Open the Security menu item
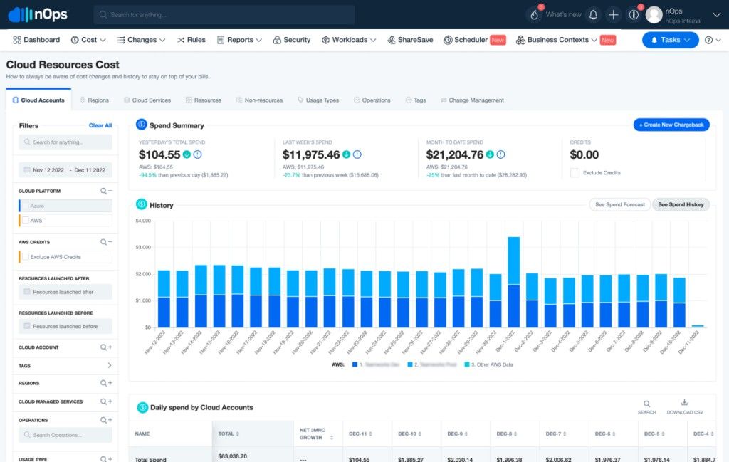pyautogui.click(x=292, y=40)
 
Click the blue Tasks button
pyautogui.click(x=670, y=40)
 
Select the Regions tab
pyautogui.click(x=94, y=100)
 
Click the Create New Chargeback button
pyautogui.click(x=671, y=125)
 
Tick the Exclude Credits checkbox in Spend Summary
pyautogui.click(x=575, y=172)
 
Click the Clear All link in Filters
pyautogui.click(x=100, y=125)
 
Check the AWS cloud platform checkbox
pyautogui.click(x=26, y=221)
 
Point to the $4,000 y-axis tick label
pyautogui.click(x=142, y=221)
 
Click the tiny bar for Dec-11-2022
pyautogui.click(x=698, y=326)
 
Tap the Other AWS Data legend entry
pyautogui.click(x=491, y=364)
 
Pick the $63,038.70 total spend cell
pyautogui.click(x=233, y=456)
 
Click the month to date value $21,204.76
pyautogui.click(x=454, y=154)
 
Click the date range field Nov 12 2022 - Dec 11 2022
pyautogui.click(x=65, y=170)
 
